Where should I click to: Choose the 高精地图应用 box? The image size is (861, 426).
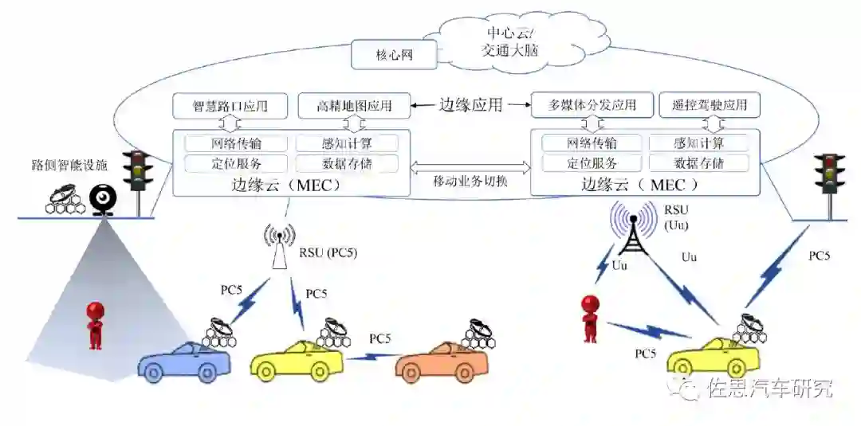[354, 104]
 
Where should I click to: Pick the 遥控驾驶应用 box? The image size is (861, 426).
[710, 104]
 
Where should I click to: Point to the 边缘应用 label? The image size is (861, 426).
[471, 104]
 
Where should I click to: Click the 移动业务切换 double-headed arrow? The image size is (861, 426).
[470, 167]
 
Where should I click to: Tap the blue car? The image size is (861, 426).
[184, 363]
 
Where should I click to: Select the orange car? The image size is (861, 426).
[442, 363]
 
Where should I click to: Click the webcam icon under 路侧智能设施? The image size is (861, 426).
[103, 197]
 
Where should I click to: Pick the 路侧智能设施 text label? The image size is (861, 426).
[69, 166]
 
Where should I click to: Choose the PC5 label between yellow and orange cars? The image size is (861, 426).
[380, 338]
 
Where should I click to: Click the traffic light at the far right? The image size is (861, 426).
[830, 177]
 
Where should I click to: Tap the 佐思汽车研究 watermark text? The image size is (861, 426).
[769, 389]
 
